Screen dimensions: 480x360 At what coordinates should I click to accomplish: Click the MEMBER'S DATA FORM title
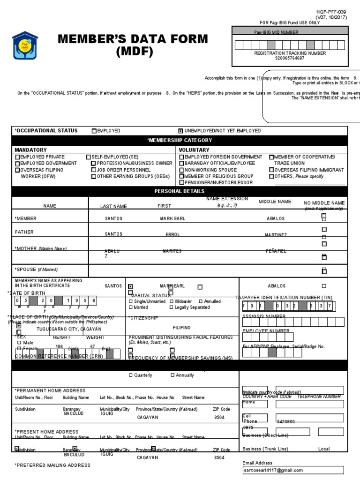pyautogui.click(x=133, y=45)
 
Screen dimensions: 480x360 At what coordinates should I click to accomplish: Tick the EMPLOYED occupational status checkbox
pyautogui.click(x=94, y=131)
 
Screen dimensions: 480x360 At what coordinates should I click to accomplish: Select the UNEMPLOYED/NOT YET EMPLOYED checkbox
pyautogui.click(x=180, y=131)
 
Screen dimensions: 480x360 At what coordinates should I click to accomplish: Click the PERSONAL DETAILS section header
pyautogui.click(x=180, y=191)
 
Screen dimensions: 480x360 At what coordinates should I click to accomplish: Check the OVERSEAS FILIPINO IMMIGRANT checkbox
pyautogui.click(x=271, y=170)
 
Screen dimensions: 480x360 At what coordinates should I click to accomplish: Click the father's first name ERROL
pyautogui.click(x=172, y=234)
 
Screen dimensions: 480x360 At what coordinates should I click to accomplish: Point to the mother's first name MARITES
pyautogui.click(x=172, y=251)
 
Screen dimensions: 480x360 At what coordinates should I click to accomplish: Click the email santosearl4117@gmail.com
pyautogui.click(x=273, y=470)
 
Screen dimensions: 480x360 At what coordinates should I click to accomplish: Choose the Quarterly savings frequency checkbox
pyautogui.click(x=131, y=375)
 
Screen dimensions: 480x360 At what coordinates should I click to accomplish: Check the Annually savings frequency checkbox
pyautogui.click(x=173, y=375)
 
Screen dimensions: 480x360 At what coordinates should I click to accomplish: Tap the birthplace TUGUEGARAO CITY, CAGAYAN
pyautogui.click(x=66, y=329)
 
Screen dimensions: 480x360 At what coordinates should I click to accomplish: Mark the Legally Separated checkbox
pyautogui.click(x=172, y=307)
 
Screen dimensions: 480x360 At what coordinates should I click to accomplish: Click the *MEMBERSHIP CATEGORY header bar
pyautogui.click(x=180, y=140)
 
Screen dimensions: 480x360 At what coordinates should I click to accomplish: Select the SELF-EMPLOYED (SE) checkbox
pyautogui.click(x=89, y=157)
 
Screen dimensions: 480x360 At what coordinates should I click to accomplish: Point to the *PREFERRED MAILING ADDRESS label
pyautogui.click(x=52, y=465)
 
